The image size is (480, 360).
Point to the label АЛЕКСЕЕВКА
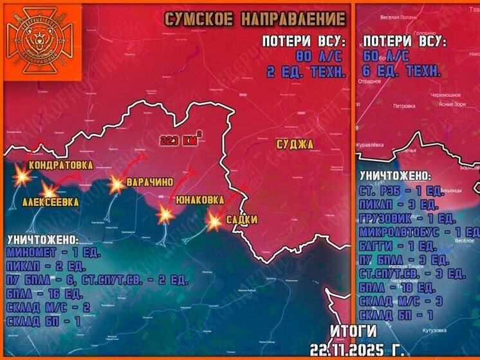click(x=51, y=202)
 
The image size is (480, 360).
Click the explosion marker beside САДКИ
click(x=214, y=222)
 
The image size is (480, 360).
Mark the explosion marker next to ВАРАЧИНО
click(x=116, y=184)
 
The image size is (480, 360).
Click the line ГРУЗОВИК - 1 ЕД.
click(x=407, y=218)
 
